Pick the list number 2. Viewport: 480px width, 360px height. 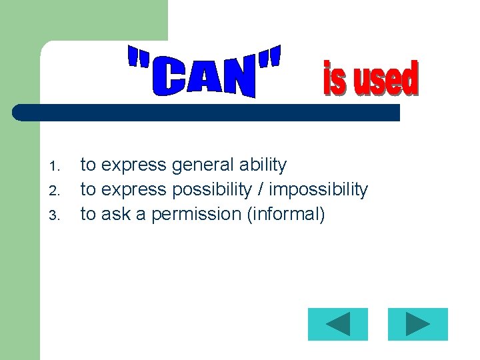coord(55,191)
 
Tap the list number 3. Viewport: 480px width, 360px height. coord(55,215)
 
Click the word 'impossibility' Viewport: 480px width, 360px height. coord(320,190)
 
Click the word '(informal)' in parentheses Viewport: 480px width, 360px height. coord(285,214)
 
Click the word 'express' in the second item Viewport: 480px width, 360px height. coord(133,191)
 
